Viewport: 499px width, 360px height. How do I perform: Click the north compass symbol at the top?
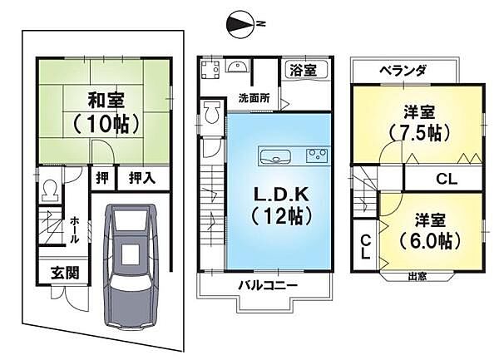(240, 25)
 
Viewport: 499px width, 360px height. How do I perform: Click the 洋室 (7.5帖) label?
(418, 121)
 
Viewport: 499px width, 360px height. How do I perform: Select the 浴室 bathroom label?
(304, 70)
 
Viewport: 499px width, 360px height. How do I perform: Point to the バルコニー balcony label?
(267, 285)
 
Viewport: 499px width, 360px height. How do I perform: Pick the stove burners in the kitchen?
(317, 155)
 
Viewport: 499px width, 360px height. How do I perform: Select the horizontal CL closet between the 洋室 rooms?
(445, 179)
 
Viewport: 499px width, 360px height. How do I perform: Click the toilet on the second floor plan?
(211, 113)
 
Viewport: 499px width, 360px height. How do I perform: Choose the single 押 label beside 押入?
(101, 178)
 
